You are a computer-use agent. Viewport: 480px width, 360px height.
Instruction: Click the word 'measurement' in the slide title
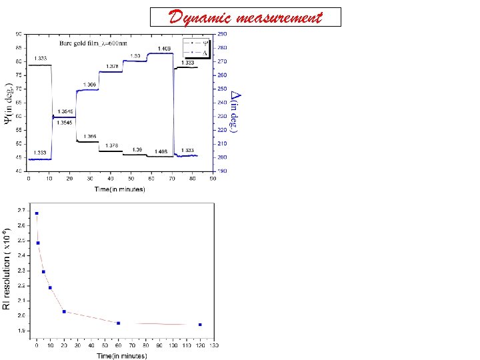click(x=281, y=17)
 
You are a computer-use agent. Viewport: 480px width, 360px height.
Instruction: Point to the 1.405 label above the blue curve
click(x=164, y=49)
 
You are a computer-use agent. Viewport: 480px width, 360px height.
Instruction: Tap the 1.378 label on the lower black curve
click(x=112, y=145)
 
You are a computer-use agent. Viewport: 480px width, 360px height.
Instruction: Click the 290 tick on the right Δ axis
click(x=222, y=33)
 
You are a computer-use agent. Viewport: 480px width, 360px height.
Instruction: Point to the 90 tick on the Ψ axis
click(x=19, y=33)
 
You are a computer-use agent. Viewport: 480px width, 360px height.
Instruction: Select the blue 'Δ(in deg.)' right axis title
click(x=235, y=107)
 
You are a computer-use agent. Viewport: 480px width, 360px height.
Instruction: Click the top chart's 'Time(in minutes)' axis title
click(x=119, y=189)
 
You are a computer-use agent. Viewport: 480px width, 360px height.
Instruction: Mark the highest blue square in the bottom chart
click(x=37, y=213)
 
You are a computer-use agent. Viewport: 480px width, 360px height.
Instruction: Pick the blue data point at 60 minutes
click(x=118, y=323)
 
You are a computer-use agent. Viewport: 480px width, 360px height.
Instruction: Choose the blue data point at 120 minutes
click(x=200, y=325)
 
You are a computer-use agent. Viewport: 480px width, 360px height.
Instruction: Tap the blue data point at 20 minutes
click(x=64, y=311)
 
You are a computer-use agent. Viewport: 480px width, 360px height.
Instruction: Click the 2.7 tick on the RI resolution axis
click(x=23, y=211)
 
